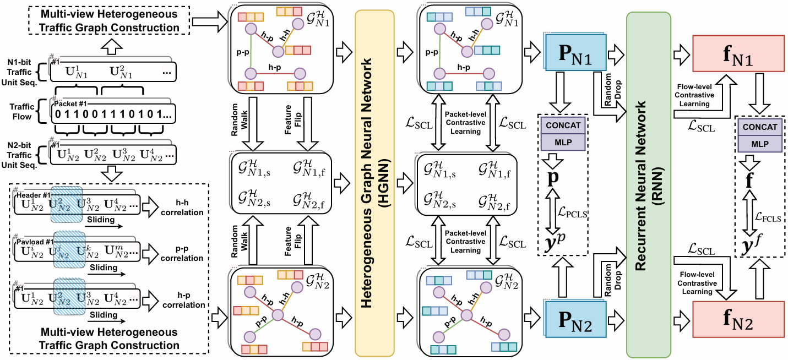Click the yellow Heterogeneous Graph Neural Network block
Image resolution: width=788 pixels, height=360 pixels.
(375, 180)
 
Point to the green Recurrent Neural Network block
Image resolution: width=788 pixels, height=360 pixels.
(648, 180)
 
